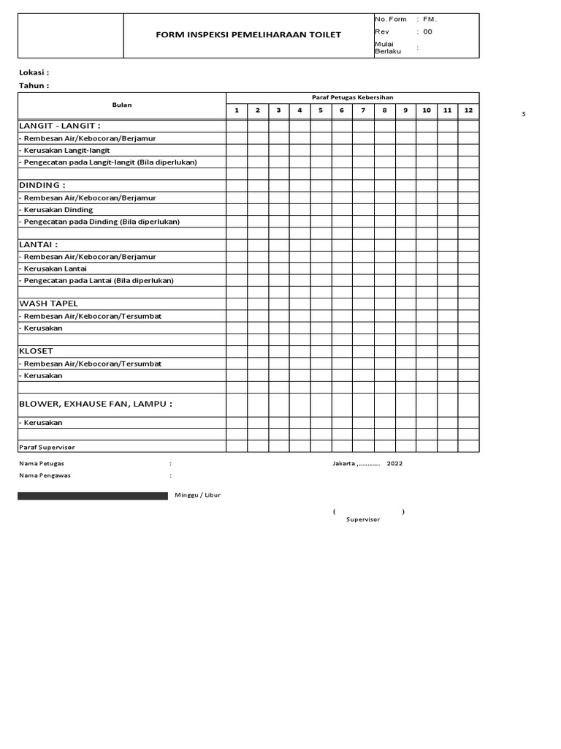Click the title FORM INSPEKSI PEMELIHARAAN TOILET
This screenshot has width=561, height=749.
click(x=248, y=35)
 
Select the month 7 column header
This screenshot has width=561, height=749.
click(x=363, y=110)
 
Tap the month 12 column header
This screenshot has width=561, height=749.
click(x=468, y=110)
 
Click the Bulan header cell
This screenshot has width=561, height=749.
click(x=122, y=105)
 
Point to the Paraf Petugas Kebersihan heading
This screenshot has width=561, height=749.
click(x=352, y=97)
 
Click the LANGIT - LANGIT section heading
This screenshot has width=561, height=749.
click(x=60, y=126)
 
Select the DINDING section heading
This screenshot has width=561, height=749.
click(x=42, y=185)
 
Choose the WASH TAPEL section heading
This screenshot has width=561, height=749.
click(x=48, y=304)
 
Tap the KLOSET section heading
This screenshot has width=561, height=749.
click(x=36, y=351)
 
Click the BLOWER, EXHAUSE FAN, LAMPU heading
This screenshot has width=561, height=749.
click(x=96, y=404)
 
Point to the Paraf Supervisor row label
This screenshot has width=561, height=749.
click(x=47, y=447)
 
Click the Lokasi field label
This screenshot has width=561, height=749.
click(x=34, y=72)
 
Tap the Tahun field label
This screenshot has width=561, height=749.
click(x=34, y=86)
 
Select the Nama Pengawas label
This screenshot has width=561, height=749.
click(x=45, y=475)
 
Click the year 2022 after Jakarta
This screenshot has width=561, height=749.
click(x=394, y=464)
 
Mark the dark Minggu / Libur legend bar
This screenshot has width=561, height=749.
click(x=93, y=496)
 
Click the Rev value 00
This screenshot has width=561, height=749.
click(x=428, y=32)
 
